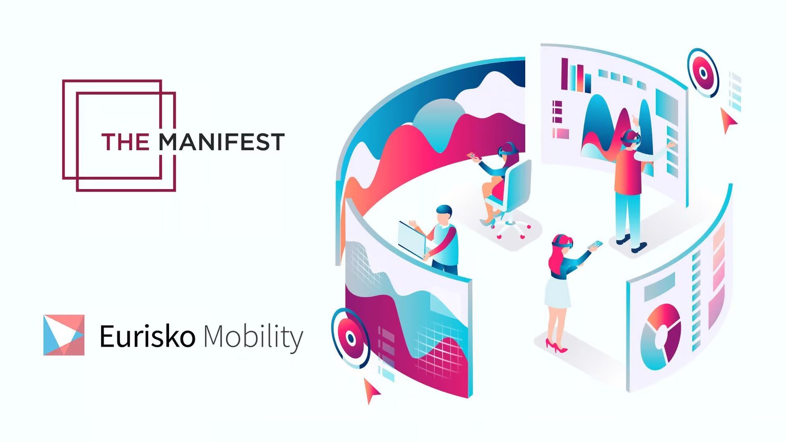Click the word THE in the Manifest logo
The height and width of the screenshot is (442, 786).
125,142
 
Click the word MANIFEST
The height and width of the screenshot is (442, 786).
222,142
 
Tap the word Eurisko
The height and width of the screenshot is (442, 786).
147,336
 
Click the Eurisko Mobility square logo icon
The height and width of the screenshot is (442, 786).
64,335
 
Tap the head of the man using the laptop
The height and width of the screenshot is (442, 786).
444,215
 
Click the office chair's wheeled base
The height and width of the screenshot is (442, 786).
511,227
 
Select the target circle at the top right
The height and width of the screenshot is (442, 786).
703,73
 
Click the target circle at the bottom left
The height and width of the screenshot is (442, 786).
350,338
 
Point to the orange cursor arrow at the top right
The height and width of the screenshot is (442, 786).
728,120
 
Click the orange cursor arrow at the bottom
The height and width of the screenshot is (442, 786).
371,391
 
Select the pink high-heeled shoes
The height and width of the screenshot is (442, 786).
556,345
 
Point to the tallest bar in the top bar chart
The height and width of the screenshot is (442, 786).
564,74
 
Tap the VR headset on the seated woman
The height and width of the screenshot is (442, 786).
507,150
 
